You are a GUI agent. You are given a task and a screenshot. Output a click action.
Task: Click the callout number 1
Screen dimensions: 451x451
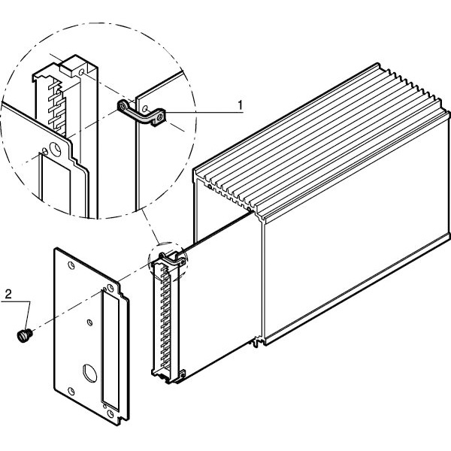(x=241, y=105)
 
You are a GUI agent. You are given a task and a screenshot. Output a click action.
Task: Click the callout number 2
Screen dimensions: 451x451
(x=8, y=294)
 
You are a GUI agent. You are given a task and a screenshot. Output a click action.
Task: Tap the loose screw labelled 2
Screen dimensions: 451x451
(x=25, y=336)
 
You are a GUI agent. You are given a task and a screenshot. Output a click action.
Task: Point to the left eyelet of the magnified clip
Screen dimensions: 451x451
(x=123, y=107)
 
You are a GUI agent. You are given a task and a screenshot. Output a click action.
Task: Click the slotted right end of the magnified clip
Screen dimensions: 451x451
(x=159, y=117)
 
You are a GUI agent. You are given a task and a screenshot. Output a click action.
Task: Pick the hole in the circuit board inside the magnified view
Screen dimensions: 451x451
(x=145, y=108)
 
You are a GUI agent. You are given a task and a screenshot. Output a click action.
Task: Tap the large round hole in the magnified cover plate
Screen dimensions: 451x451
(x=55, y=149)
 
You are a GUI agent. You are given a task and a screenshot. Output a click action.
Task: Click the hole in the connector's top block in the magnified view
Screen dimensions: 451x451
(x=82, y=72)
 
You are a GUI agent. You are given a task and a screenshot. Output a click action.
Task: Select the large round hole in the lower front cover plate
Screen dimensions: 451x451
(x=89, y=373)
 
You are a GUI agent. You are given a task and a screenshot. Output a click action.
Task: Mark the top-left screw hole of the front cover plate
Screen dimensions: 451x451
(x=71, y=265)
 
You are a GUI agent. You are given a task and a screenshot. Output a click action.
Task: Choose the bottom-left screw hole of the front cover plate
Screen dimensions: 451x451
(x=71, y=391)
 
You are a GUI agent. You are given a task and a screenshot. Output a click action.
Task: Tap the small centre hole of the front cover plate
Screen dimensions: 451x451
(x=89, y=322)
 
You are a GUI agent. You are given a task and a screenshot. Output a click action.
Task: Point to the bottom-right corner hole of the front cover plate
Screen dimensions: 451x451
(x=110, y=414)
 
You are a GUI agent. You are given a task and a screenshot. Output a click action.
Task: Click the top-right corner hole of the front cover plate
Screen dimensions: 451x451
(x=110, y=288)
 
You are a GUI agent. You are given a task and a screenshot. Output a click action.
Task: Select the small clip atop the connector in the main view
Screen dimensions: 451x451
(x=172, y=259)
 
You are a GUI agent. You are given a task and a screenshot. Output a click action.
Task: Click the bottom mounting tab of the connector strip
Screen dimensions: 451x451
(x=182, y=374)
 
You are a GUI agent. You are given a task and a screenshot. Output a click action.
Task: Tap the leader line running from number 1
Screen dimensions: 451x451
(x=205, y=113)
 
